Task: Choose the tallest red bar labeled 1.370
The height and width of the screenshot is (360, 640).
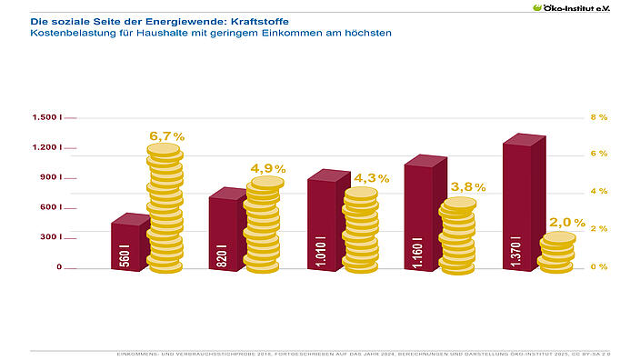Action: pyautogui.click(x=518, y=205)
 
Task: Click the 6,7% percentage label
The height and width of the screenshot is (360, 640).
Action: pyautogui.click(x=166, y=136)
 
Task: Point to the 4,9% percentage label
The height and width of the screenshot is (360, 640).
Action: pyautogui.click(x=268, y=168)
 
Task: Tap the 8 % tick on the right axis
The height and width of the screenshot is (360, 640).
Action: pyautogui.click(x=598, y=118)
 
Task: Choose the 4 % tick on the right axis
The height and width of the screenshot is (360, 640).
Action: pyautogui.click(x=598, y=192)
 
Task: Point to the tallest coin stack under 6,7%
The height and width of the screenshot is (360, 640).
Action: pyautogui.click(x=165, y=209)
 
